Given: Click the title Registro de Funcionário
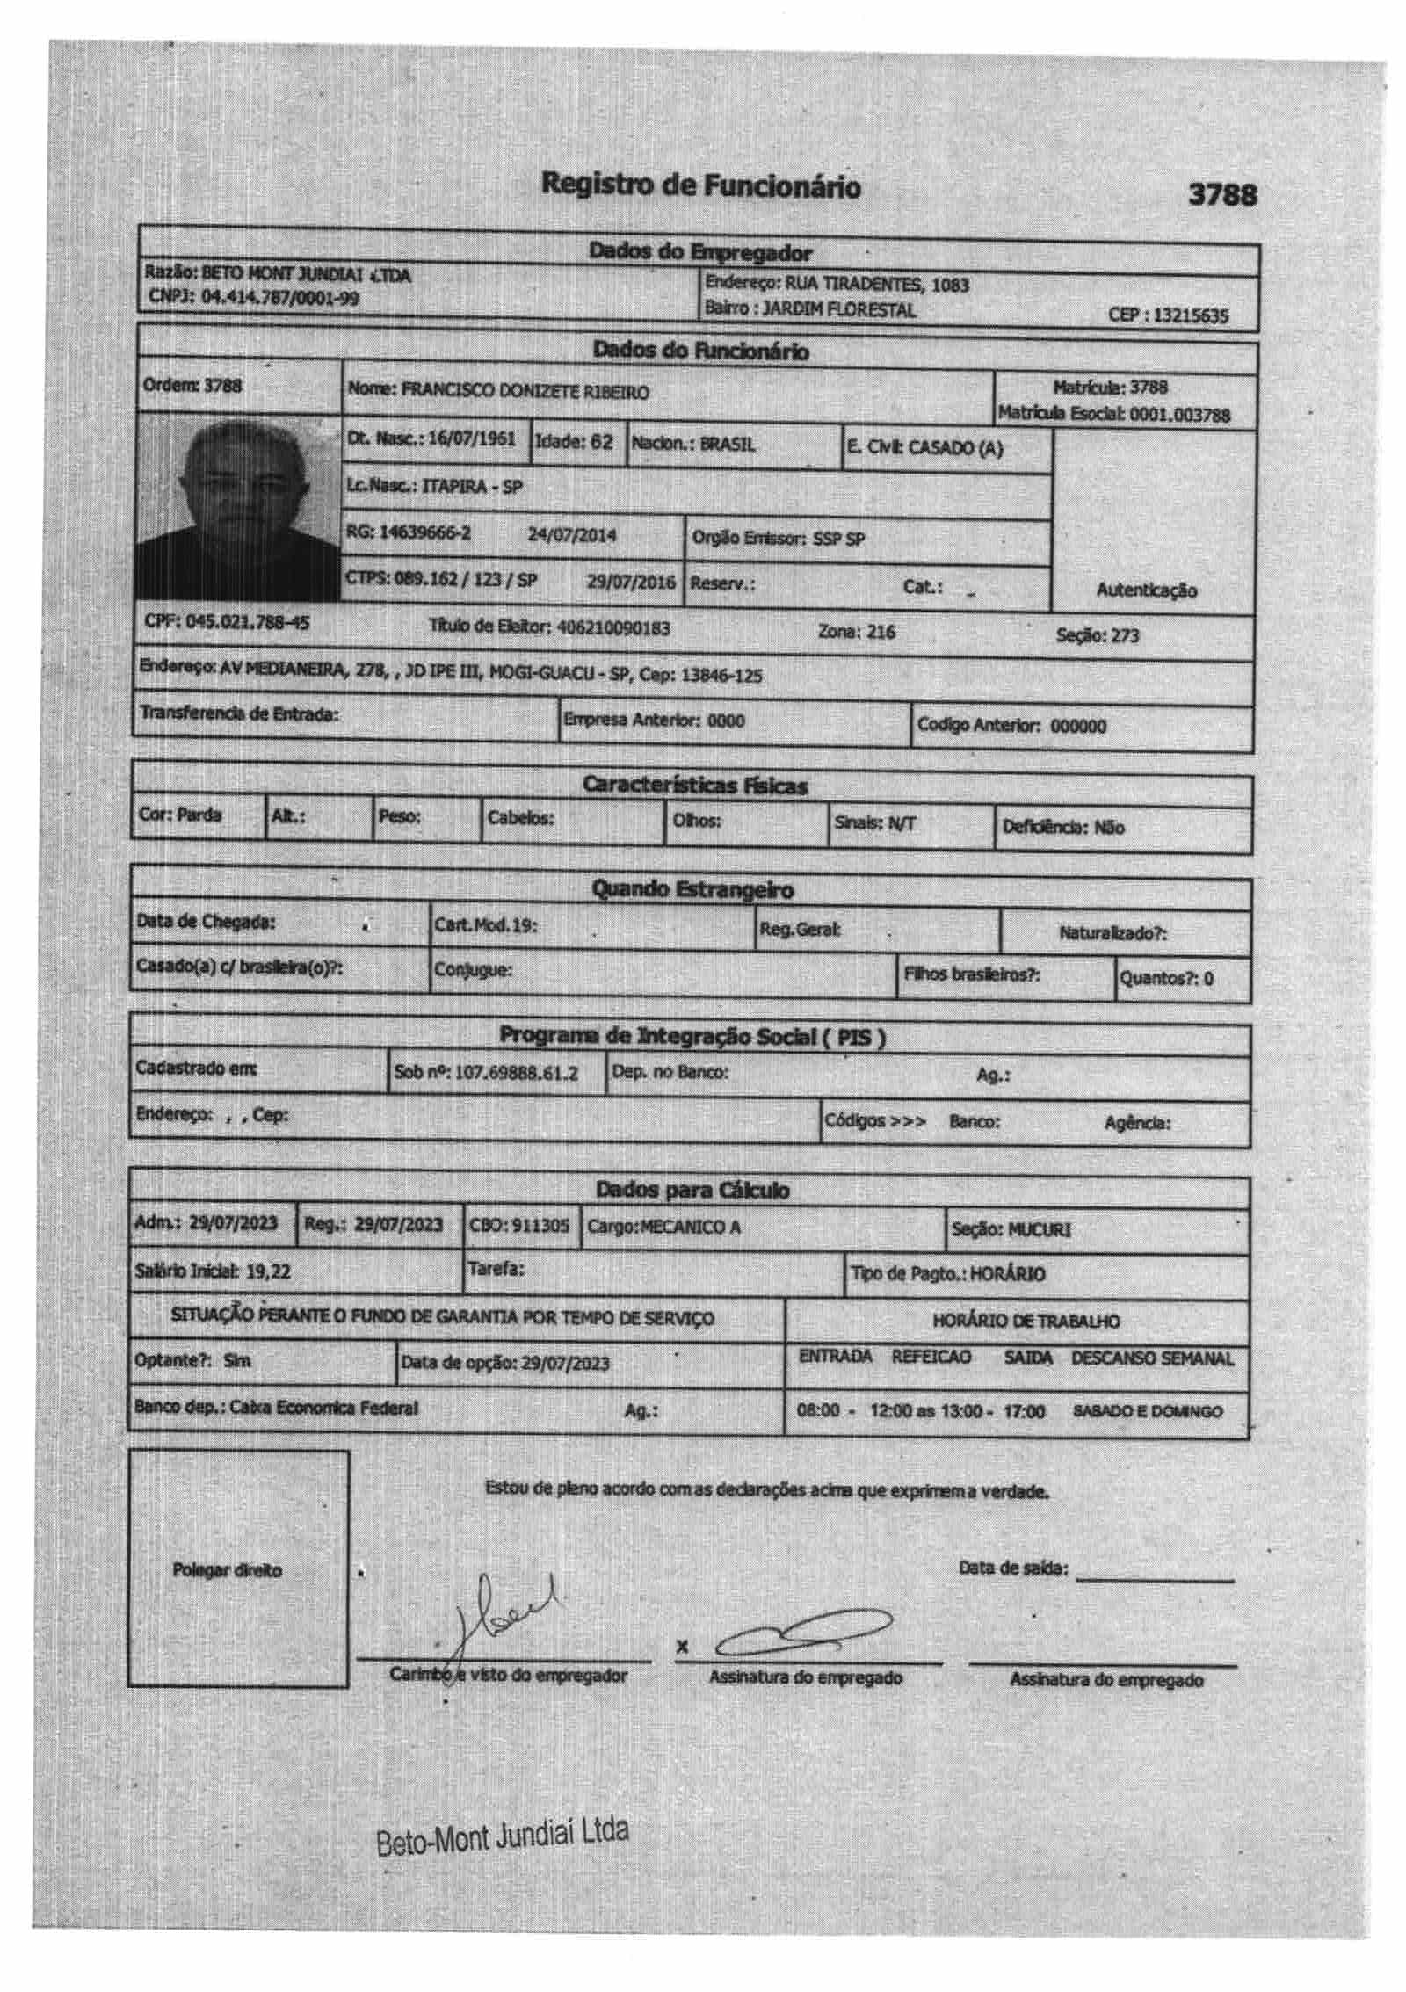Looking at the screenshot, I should [700, 185].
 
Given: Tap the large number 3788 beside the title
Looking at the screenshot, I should [1221, 194].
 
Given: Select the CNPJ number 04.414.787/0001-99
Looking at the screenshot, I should [280, 297].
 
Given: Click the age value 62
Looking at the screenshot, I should [600, 441].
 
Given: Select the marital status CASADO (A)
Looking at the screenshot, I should [954, 448].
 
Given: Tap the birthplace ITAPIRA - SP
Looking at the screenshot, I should [472, 486].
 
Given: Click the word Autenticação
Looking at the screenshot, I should [1146, 590].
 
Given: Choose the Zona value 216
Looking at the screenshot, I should [881, 632].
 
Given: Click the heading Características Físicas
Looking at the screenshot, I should [694, 786].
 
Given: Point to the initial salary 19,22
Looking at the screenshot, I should [268, 1271].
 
